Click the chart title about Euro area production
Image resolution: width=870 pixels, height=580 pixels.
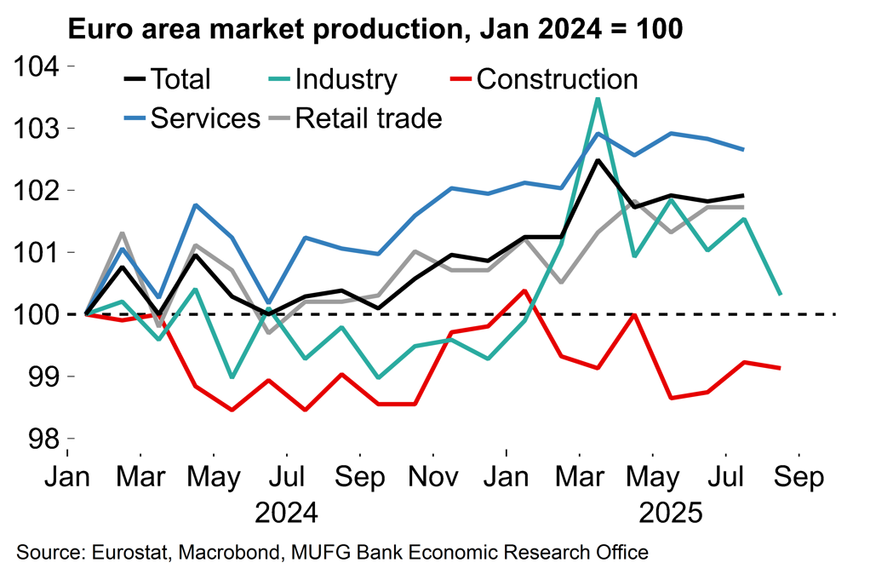click(375, 30)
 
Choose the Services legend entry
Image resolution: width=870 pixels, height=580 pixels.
click(192, 118)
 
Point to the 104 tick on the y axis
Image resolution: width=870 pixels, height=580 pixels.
click(41, 66)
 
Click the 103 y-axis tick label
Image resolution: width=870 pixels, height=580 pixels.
click(41, 129)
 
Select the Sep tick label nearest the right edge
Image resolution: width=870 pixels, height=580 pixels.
click(798, 477)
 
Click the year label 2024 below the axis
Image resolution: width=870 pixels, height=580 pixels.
click(287, 514)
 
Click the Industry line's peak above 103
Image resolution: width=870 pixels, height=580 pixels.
click(598, 99)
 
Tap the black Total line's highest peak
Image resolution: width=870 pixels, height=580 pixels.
click(598, 160)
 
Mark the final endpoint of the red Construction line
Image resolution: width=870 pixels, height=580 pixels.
click(781, 368)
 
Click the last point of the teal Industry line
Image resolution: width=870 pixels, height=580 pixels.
click(781, 295)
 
